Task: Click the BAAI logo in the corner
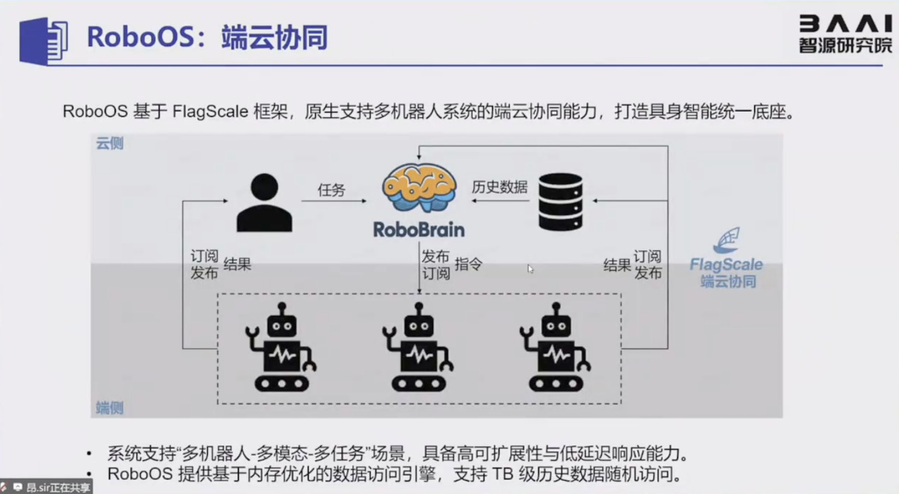[x=845, y=33]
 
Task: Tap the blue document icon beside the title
[x=44, y=40]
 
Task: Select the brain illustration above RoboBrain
[x=419, y=187]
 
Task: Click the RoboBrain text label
[x=419, y=229]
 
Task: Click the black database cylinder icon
[x=560, y=202]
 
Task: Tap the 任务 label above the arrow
[x=331, y=190]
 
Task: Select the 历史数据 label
[x=499, y=188]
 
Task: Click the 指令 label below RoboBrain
[x=468, y=264]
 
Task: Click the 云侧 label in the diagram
[x=110, y=143]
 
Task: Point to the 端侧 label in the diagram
[x=110, y=407]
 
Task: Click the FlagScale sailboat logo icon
[x=726, y=241]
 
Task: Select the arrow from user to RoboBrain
[x=333, y=202]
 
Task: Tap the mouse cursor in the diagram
[x=530, y=268]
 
